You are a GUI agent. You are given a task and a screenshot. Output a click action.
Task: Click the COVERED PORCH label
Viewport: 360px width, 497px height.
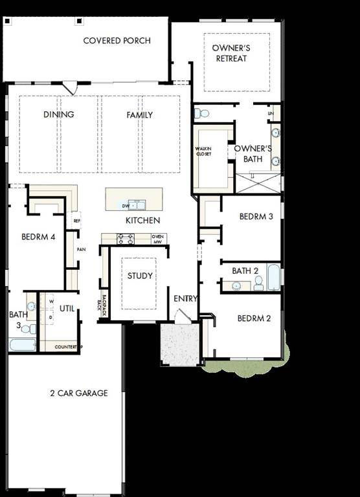(117, 41)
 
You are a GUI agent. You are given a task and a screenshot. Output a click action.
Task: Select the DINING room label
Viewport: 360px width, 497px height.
(59, 115)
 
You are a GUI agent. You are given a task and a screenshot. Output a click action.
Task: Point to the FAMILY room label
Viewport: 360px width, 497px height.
(139, 115)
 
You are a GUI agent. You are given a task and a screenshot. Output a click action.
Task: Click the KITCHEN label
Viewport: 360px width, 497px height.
(142, 221)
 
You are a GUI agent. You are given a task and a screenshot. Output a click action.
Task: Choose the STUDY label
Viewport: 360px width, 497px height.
(140, 276)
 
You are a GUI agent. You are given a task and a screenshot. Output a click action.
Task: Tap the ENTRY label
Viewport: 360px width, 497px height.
(186, 298)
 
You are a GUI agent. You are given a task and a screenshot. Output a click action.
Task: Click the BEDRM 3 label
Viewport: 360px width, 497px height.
(256, 216)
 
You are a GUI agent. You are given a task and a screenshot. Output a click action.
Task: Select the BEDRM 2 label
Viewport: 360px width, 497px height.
(254, 318)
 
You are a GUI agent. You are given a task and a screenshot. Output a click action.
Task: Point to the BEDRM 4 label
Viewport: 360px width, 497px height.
(38, 237)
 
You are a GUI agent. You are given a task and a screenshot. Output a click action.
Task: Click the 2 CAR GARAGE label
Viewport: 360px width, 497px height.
(79, 393)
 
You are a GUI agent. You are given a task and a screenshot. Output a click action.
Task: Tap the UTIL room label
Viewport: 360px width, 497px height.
(67, 309)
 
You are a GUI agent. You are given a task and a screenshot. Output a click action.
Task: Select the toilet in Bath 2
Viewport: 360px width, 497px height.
(258, 283)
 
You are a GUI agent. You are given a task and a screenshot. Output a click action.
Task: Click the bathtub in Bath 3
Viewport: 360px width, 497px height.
(22, 345)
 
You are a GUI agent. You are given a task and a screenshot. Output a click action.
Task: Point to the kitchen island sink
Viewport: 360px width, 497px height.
(137, 206)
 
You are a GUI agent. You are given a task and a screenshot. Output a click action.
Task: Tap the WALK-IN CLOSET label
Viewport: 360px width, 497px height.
(203, 151)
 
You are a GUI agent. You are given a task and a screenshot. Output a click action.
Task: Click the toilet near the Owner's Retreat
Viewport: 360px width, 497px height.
(202, 113)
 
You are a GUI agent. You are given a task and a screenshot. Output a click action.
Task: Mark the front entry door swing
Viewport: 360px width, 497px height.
(183, 316)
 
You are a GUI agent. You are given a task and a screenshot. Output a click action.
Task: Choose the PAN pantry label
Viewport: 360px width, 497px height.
(81, 249)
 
